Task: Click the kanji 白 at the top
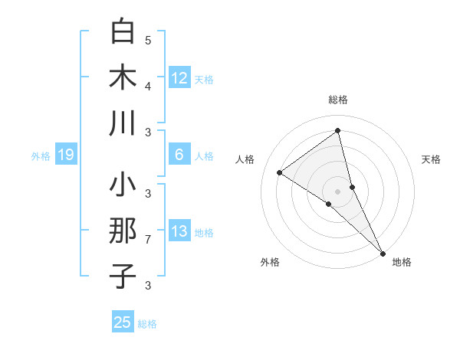123,31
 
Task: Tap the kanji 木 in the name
123,77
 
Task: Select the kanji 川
123,123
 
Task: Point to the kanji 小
123,185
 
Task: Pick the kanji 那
123,231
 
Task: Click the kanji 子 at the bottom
123,276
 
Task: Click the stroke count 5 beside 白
148,40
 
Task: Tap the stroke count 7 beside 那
148,240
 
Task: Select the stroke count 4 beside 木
148,87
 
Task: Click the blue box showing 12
179,78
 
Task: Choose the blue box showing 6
179,155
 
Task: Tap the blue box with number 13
179,231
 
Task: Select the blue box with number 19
65,155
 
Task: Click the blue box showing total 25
123,322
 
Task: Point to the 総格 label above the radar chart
338,100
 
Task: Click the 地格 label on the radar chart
402,263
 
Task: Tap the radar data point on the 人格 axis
280,172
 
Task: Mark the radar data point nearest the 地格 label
383,252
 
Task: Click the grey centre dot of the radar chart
338,191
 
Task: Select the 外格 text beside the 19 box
41,156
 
